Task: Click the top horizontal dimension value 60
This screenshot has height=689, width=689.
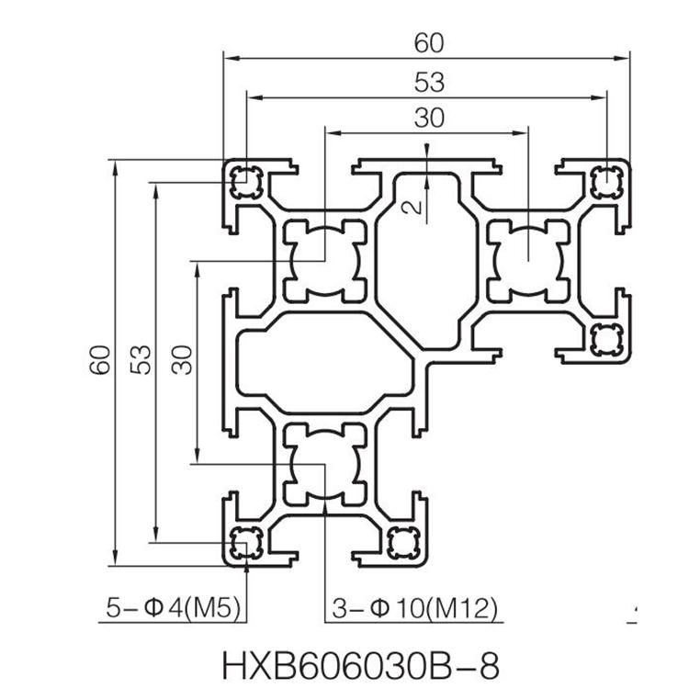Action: pos(429,43)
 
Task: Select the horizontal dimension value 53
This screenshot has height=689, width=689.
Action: pos(429,82)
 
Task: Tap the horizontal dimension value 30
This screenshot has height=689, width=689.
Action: pos(429,118)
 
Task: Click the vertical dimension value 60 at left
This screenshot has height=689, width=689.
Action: pos(100,360)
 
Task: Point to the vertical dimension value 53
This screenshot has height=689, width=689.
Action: pos(141,360)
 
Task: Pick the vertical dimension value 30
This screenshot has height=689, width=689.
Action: pos(182,360)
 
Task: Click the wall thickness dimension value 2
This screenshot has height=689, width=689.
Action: pos(413,208)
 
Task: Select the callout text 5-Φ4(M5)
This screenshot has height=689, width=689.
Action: pos(173,608)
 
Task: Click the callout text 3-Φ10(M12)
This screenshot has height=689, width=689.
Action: pos(415,608)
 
